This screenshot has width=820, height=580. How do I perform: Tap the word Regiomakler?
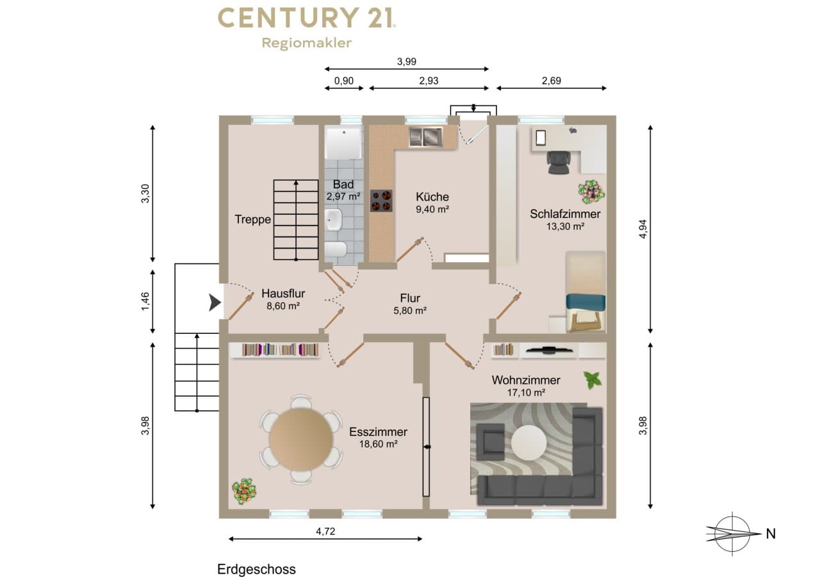point(307,43)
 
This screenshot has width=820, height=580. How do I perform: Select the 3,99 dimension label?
point(407,62)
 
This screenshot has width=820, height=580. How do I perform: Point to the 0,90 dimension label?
point(344,81)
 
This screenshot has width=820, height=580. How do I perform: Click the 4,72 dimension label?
point(325,531)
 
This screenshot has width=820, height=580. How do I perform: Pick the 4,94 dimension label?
point(643,229)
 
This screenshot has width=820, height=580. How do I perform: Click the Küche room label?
point(432,197)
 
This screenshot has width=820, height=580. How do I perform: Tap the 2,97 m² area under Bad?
point(343,197)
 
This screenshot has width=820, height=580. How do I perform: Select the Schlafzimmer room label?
point(565,214)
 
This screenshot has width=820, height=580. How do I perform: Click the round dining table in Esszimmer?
point(301,439)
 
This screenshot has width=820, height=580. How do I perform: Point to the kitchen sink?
point(426,137)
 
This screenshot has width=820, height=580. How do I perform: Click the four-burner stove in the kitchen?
point(381,201)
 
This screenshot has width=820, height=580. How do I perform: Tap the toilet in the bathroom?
point(336,250)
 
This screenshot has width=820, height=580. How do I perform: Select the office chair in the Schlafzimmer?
point(559,162)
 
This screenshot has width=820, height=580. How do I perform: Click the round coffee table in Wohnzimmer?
point(529,443)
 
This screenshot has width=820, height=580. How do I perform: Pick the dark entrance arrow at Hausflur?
point(215,302)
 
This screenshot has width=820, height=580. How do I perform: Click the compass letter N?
point(771,534)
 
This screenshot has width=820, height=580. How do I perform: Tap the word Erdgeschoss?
point(256,569)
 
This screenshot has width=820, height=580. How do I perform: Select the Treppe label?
point(252,219)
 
